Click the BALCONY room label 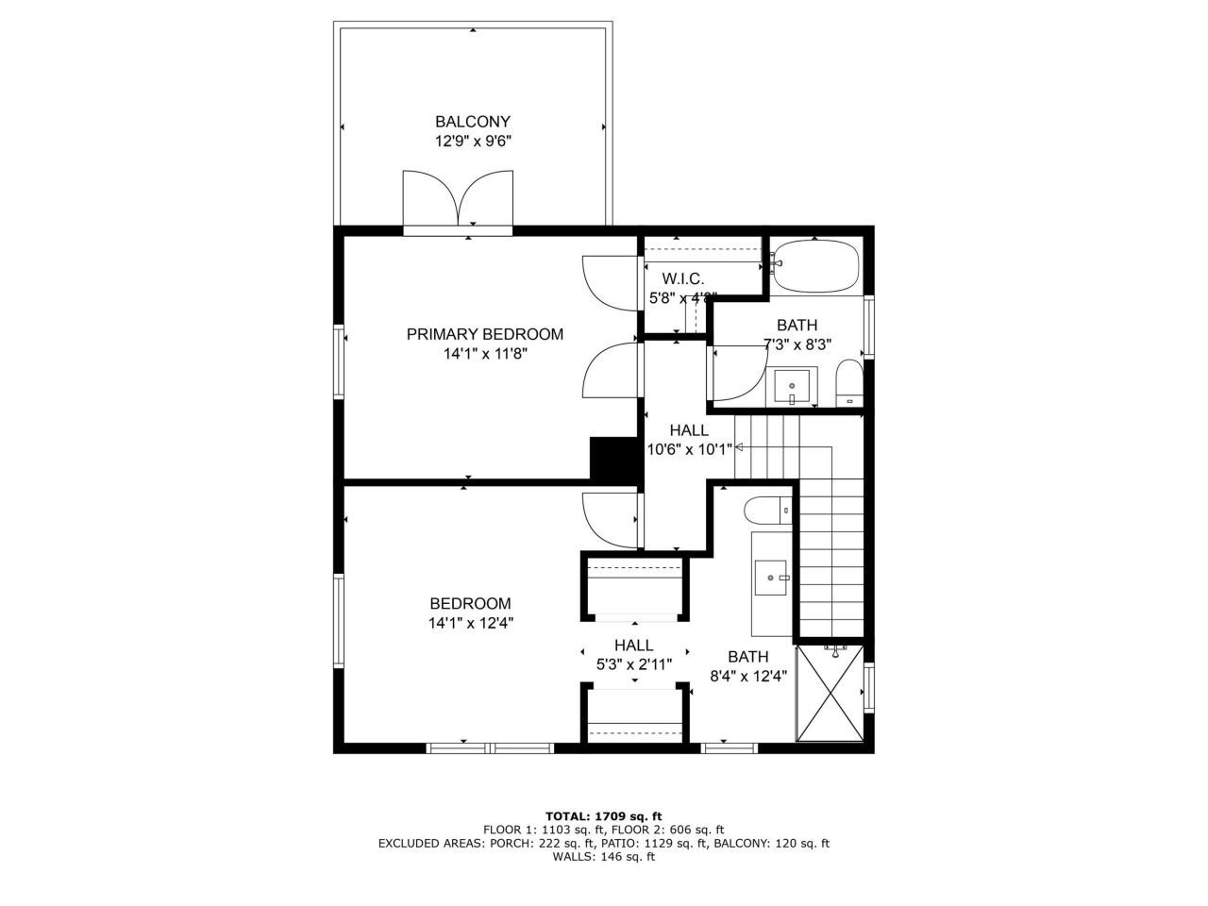click(x=472, y=122)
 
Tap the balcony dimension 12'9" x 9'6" click(x=472, y=142)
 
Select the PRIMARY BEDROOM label click(x=484, y=334)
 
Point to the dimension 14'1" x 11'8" click(x=484, y=354)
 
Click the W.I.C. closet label click(x=682, y=278)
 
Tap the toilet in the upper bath click(x=849, y=383)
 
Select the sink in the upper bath click(x=792, y=386)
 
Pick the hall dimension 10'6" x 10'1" click(x=689, y=449)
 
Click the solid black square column click(x=614, y=458)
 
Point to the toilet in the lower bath click(x=766, y=512)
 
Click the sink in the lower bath click(x=773, y=576)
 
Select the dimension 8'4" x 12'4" click(x=748, y=676)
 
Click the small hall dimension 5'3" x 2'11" click(x=633, y=664)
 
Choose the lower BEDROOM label click(x=470, y=603)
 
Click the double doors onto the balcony click(x=458, y=199)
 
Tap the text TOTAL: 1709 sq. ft click(x=604, y=815)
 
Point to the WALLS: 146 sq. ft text click(x=604, y=857)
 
